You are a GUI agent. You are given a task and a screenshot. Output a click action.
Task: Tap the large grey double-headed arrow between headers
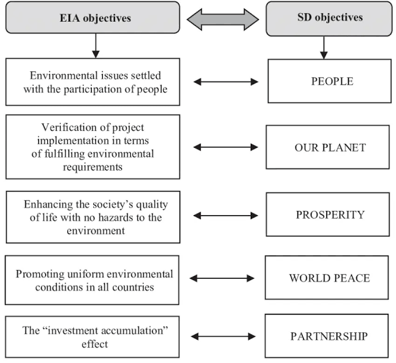click(x=223, y=18)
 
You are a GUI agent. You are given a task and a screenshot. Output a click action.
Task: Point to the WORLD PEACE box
click(x=328, y=278)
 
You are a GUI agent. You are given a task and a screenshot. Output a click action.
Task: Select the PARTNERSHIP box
click(x=328, y=336)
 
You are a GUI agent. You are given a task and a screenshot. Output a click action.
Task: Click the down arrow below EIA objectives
click(x=95, y=45)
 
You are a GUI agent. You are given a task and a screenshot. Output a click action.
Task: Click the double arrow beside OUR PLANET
click(x=225, y=147)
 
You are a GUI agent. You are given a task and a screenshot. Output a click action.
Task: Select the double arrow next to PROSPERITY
click(x=225, y=215)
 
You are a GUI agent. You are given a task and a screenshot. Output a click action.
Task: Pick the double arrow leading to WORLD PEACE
click(x=221, y=279)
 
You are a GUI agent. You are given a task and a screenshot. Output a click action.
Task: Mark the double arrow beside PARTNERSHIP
click(x=221, y=336)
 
